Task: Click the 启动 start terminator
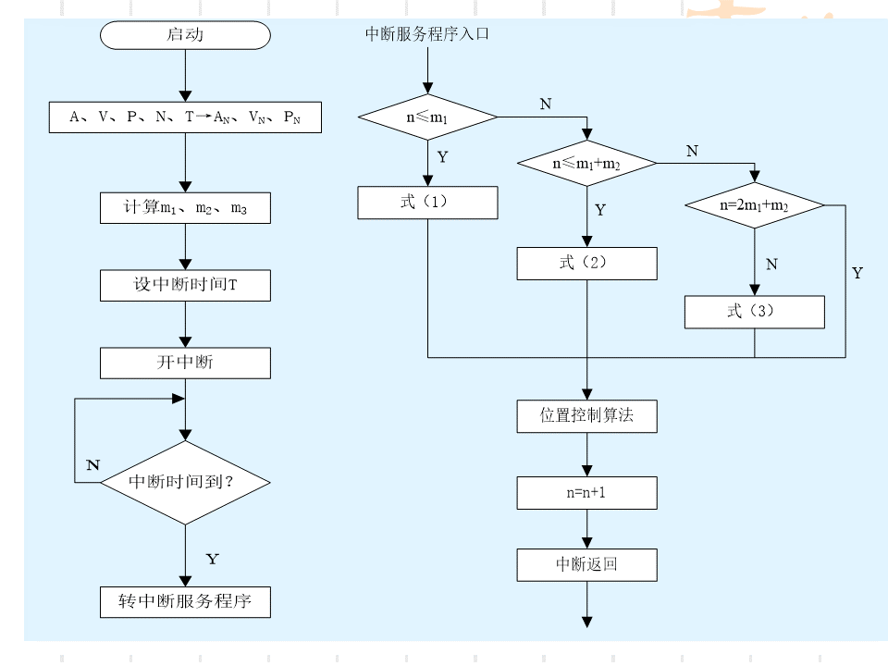coord(185,36)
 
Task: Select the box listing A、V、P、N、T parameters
coord(185,117)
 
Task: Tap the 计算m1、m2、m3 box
coord(185,207)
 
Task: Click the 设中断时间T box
coord(185,285)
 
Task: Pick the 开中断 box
coord(185,363)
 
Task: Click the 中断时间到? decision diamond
coord(185,482)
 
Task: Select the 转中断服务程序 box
coord(185,602)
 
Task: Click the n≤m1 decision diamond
coord(427,117)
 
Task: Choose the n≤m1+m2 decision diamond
coord(586,164)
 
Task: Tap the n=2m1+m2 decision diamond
coord(754,205)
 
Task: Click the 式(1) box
coord(427,203)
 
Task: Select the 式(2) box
coord(586,264)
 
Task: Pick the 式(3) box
coord(754,312)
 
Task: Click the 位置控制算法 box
coord(586,416)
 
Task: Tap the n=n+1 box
coord(586,493)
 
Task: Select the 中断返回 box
coord(586,564)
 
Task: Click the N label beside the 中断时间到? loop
coord(92,464)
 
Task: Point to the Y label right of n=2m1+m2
coord(857,273)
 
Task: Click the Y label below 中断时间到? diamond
coord(212,559)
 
